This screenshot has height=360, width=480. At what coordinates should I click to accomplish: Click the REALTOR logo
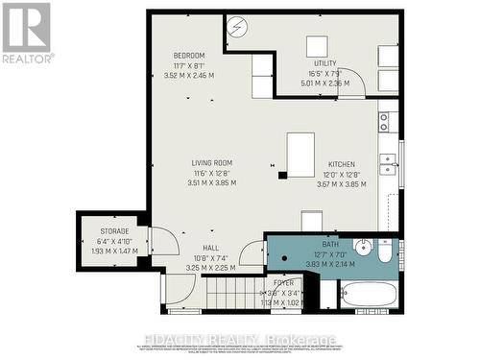26,33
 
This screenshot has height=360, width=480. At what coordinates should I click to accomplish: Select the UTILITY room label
324,63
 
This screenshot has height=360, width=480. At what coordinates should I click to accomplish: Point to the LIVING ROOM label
211,162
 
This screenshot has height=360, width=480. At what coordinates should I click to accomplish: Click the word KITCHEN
342,163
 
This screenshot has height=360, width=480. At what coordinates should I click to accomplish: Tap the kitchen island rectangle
300,155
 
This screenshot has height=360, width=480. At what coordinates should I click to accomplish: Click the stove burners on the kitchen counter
384,121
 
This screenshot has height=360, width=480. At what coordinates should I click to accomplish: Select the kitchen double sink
388,163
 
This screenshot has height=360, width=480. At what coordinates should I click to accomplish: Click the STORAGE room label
114,231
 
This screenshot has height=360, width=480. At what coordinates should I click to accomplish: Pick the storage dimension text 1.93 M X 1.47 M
114,251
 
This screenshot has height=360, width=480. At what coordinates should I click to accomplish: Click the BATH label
329,245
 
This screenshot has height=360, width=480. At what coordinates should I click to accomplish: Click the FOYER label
283,283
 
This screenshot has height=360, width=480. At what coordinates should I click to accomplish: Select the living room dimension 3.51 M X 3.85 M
211,182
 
